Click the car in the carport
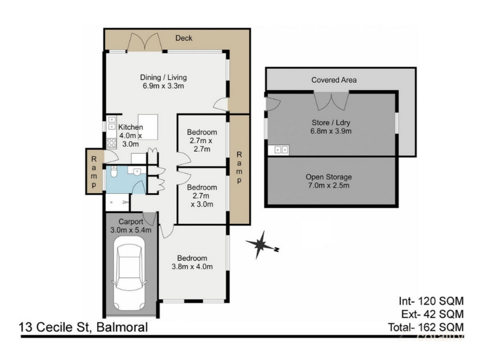point(128,273)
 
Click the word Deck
point(184,38)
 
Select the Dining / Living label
point(163,77)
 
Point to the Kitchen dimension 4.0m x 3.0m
point(130,140)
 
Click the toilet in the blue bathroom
point(114,172)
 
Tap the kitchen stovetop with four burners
point(112,143)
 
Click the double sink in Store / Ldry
point(281,150)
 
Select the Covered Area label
point(334,80)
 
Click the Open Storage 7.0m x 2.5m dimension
point(328,185)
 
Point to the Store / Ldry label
point(331,122)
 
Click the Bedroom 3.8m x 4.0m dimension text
point(192,266)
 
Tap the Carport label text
point(131,221)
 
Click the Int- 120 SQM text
point(431,301)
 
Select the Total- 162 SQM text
point(426,327)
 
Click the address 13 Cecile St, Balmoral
point(83,327)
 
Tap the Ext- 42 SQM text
point(433,314)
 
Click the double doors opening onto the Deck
point(145,42)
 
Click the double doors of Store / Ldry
point(331,100)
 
